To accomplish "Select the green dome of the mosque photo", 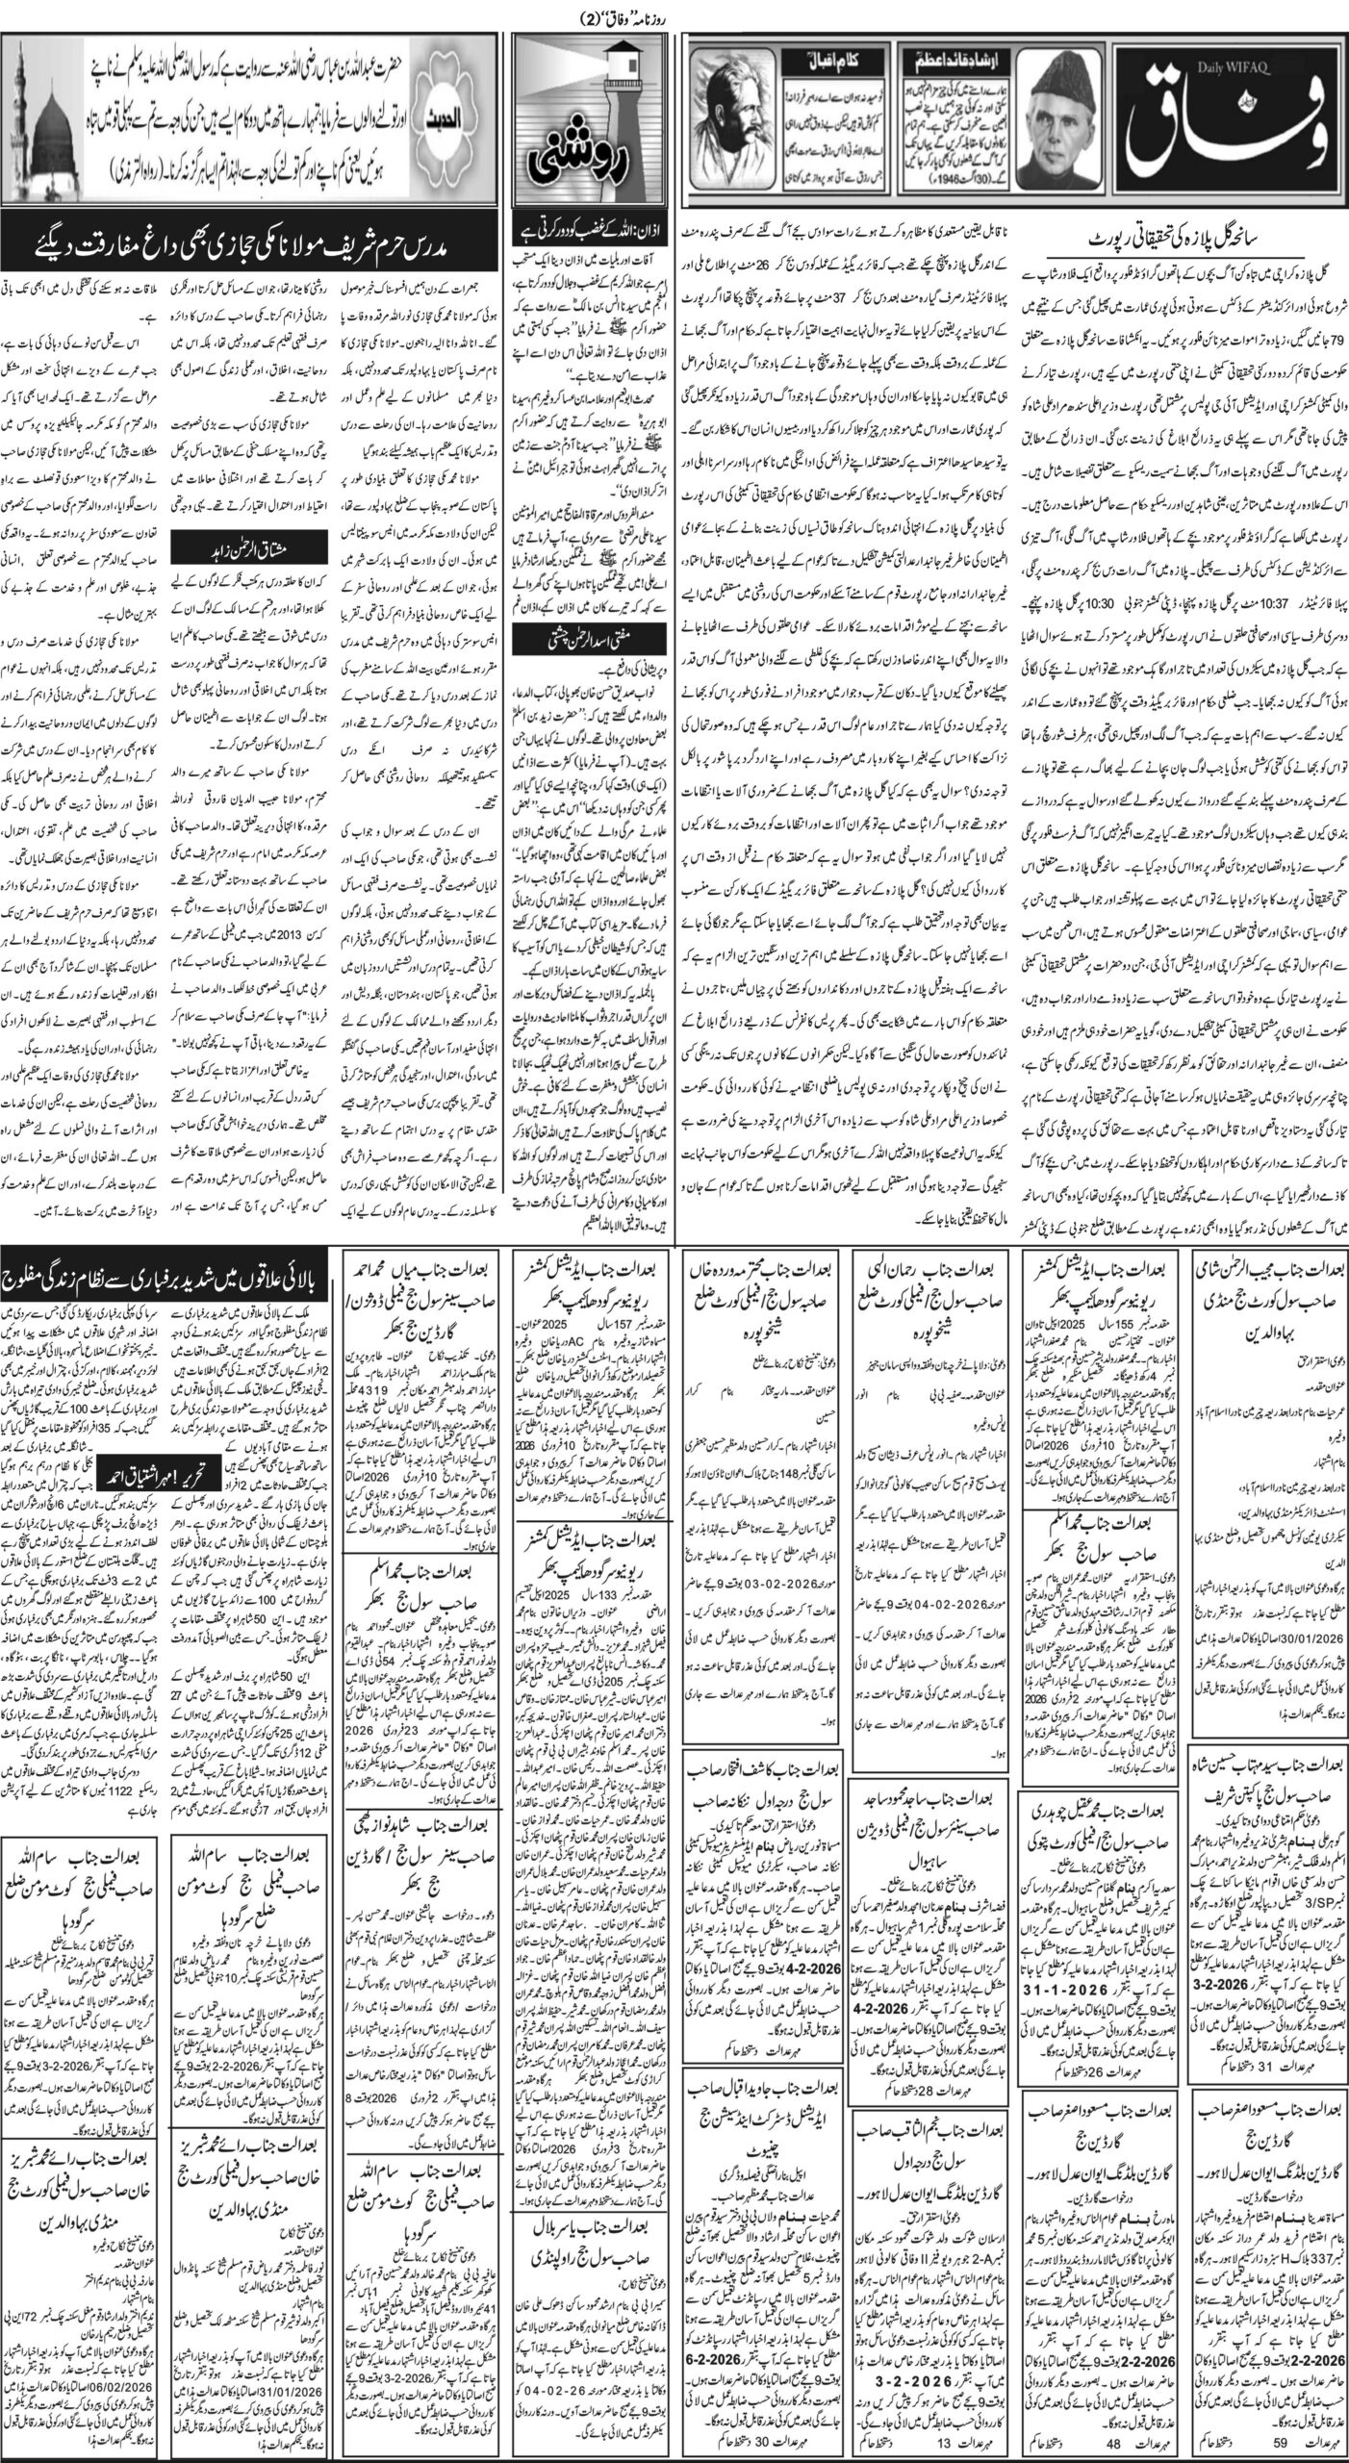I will point(54,111).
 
